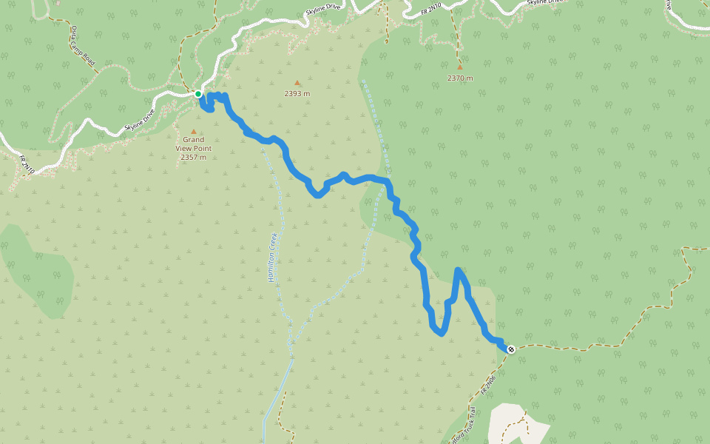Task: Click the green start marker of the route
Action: coord(198,94)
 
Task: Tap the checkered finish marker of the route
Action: coord(511,349)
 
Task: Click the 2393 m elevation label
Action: coord(297,94)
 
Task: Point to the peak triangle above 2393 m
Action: coord(297,83)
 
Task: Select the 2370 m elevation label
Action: coord(459,78)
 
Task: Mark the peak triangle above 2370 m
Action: coord(459,67)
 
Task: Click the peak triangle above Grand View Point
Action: coord(194,132)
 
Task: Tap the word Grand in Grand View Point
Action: coord(194,139)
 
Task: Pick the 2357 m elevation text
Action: coord(194,157)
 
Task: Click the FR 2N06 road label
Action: coord(487,382)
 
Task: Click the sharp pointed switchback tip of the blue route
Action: coord(459,270)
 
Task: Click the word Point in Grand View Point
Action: coord(203,148)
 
